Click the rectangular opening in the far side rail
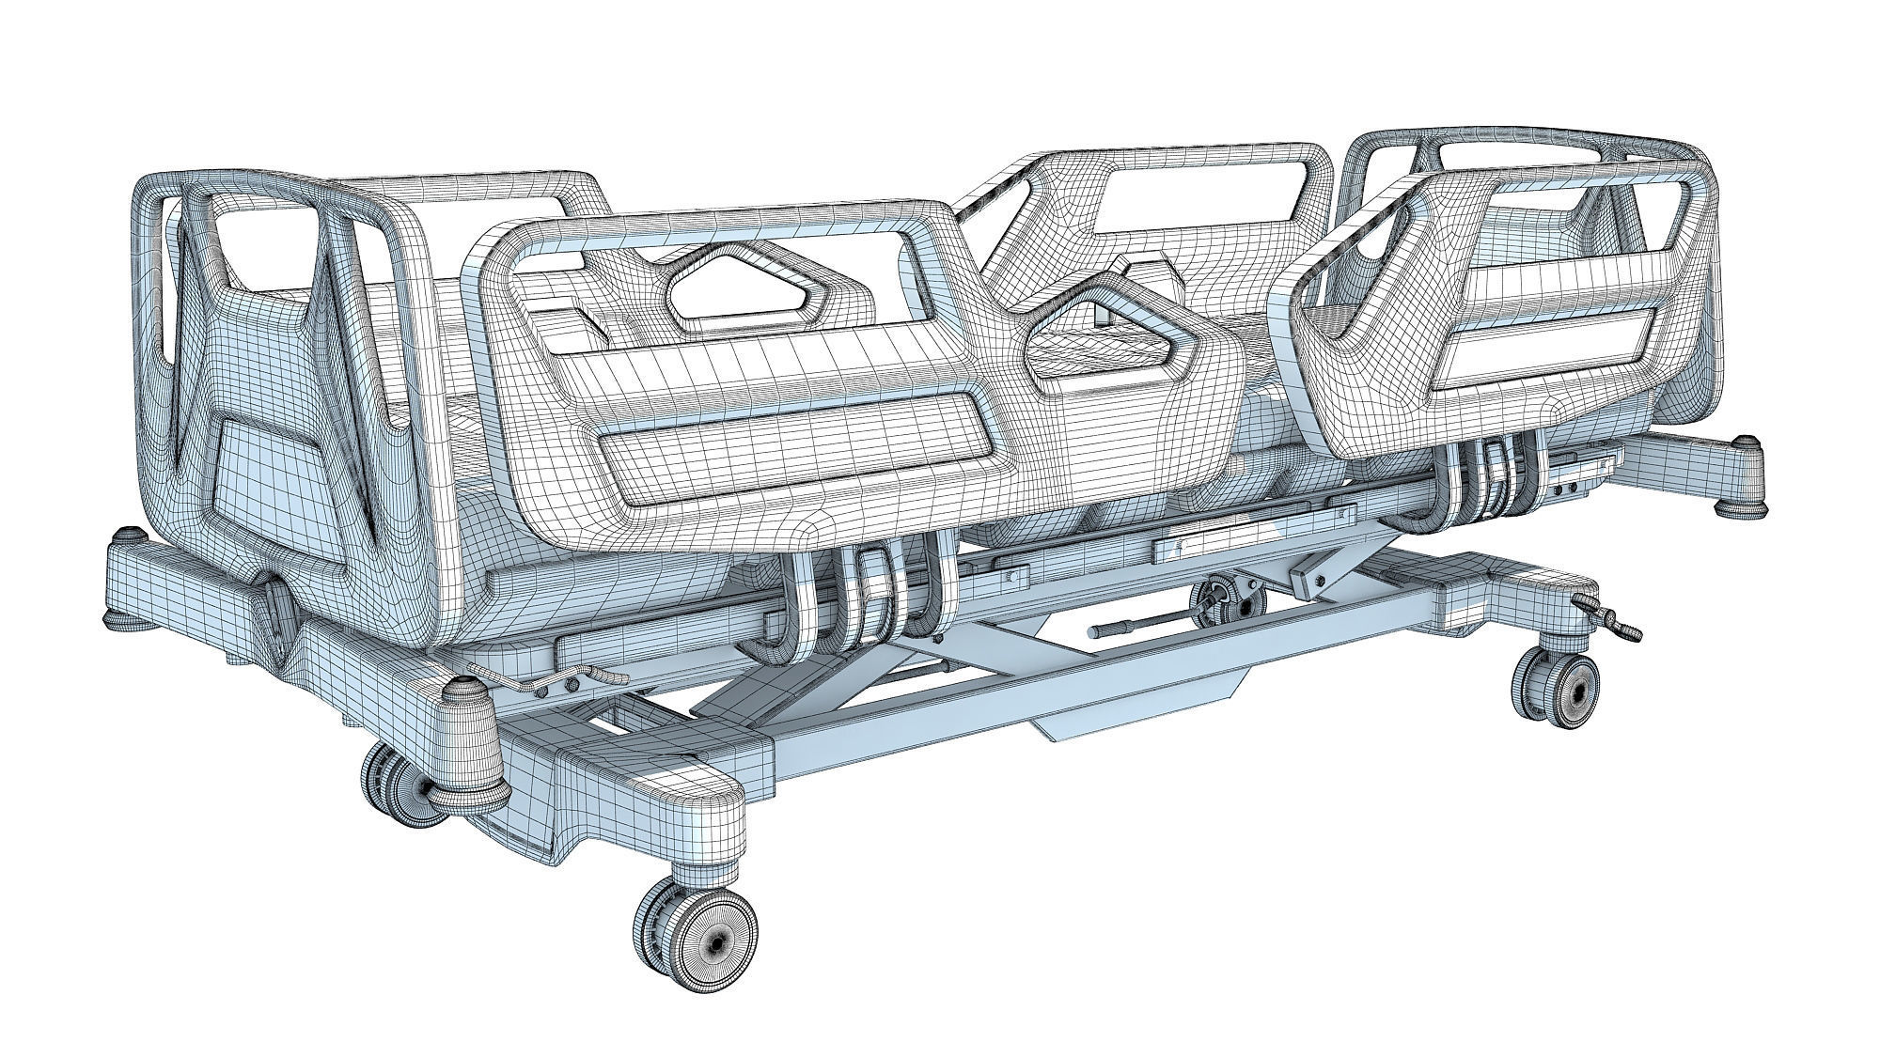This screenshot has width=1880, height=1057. coord(1203,196)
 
